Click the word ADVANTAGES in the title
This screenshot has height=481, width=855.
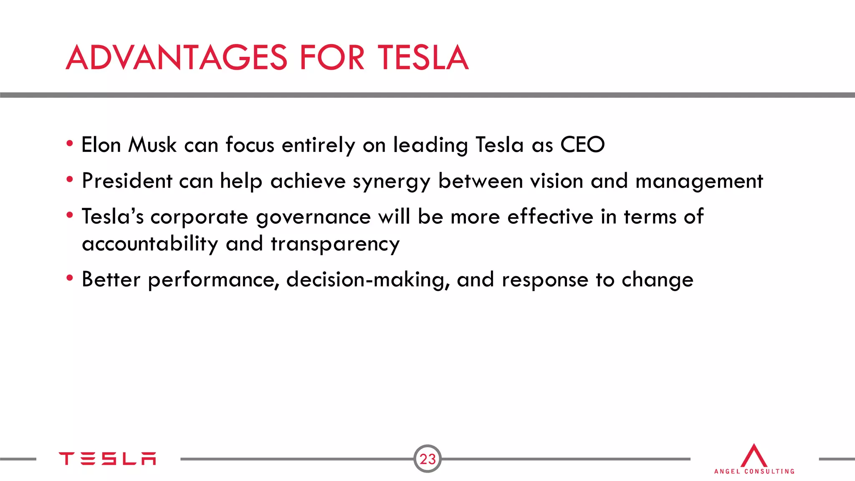(177, 58)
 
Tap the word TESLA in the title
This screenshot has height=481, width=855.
(422, 58)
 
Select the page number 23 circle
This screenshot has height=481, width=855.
(427, 459)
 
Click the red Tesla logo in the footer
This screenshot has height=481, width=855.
(107, 458)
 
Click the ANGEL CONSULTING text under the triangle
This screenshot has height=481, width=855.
(754, 471)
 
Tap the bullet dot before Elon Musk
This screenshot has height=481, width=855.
(70, 144)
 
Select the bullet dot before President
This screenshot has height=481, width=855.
(70, 180)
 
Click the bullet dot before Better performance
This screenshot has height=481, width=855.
(70, 278)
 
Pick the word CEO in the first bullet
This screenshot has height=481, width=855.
(582, 145)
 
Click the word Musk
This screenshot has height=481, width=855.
(152, 145)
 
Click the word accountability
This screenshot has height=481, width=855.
(150, 244)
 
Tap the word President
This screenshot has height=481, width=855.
(127, 181)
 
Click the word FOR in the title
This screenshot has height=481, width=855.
(332, 58)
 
